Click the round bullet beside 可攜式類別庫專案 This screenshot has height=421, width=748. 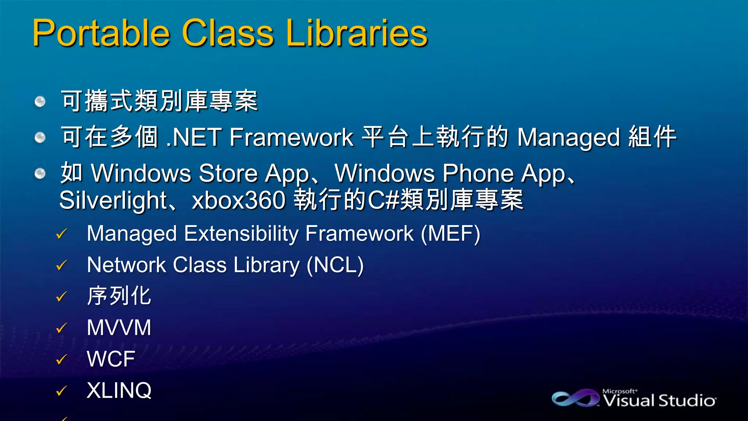(40, 101)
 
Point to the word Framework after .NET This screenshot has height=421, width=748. (291, 137)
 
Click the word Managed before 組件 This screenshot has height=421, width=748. (568, 137)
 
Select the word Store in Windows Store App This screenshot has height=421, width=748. (228, 173)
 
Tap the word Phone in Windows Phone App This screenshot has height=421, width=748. (478, 173)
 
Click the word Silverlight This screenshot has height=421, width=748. (113, 200)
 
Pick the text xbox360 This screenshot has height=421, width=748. (238, 200)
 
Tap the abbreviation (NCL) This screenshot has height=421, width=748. (335, 265)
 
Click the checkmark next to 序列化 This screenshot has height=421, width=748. (61, 296)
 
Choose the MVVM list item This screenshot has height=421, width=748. (119, 327)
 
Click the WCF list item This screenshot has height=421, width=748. (111, 359)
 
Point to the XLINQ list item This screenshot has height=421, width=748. (119, 390)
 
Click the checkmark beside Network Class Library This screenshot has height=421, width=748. (61, 265)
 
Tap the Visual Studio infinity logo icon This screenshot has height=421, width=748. (575, 398)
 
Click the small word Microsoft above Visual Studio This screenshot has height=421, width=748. (619, 391)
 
